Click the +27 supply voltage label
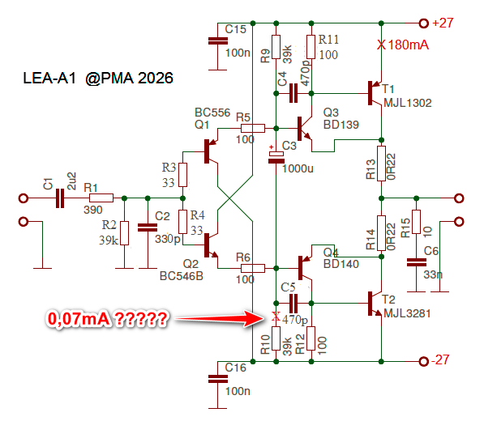point(443,23)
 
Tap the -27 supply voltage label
point(440,360)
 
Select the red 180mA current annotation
point(408,45)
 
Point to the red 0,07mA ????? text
point(107,319)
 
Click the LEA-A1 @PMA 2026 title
point(98,78)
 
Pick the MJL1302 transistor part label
point(408,103)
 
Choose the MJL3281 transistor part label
point(407,313)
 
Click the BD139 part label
point(341,125)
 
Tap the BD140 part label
point(341,264)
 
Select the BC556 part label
point(212,113)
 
